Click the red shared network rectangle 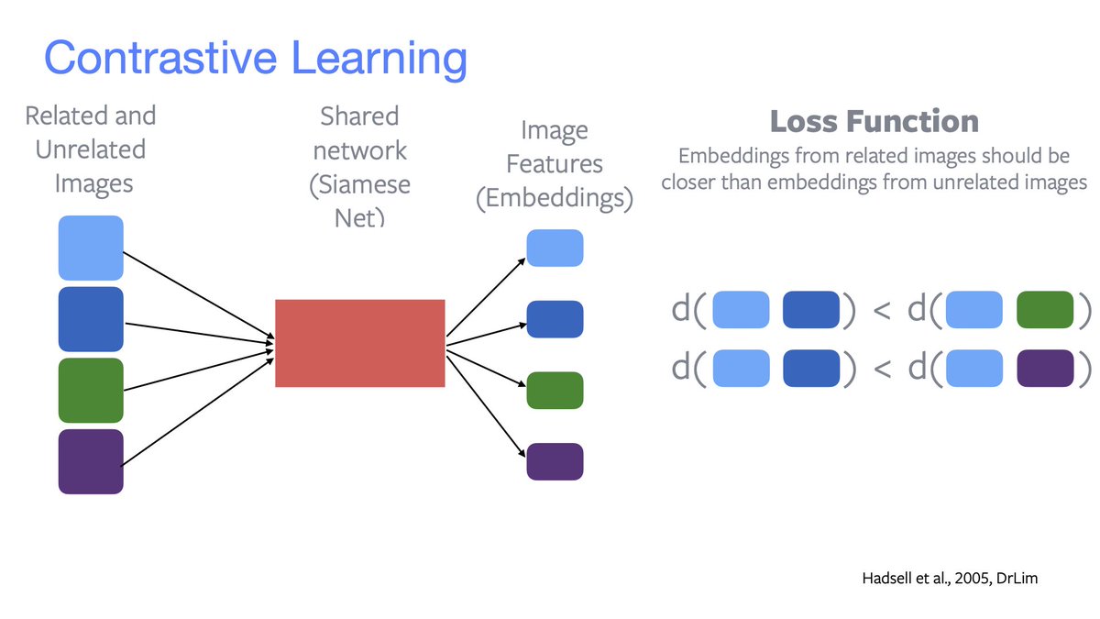(x=359, y=343)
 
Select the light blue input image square (x=91, y=248)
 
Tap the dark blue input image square (x=91, y=319)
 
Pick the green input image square (x=91, y=391)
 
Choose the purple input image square (x=91, y=461)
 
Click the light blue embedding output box (x=555, y=248)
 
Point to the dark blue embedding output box (x=555, y=319)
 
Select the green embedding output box (x=555, y=390)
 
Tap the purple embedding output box (x=555, y=461)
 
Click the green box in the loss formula (x=1045, y=310)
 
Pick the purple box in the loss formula (x=1045, y=368)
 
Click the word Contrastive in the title (x=160, y=58)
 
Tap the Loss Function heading (x=874, y=121)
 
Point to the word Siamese (x=360, y=184)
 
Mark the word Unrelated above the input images (x=91, y=149)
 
